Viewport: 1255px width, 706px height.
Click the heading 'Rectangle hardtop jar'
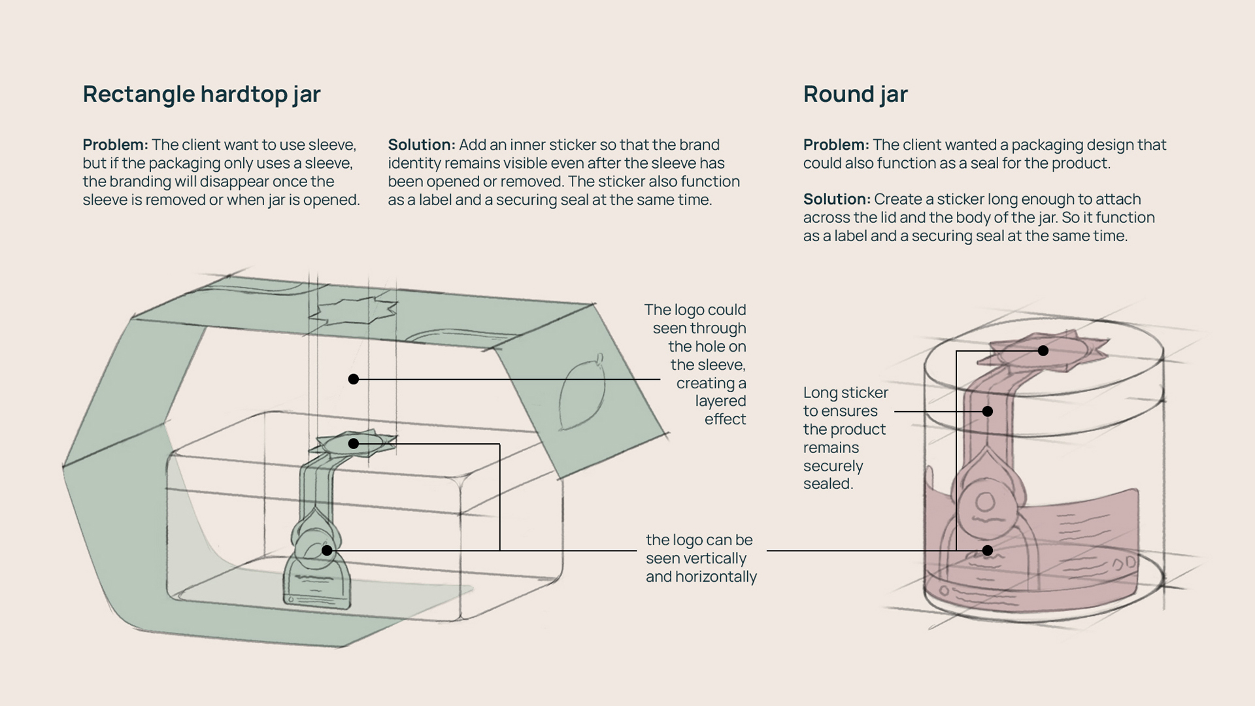[201, 94]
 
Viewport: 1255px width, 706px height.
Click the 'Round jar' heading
[855, 94]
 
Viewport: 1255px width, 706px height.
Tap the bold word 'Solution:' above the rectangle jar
[421, 144]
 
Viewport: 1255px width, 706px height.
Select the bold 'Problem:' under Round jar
[835, 144]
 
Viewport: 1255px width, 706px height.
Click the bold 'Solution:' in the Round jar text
[836, 199]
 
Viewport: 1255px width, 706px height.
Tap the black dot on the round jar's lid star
[1043, 351]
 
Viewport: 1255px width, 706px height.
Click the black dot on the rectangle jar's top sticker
[354, 444]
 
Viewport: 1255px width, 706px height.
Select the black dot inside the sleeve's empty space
[354, 379]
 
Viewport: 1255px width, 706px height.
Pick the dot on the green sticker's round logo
[327, 550]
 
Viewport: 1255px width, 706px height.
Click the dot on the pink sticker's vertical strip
[988, 411]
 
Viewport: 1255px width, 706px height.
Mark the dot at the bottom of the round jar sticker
[988, 550]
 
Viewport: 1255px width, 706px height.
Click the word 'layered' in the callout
[720, 401]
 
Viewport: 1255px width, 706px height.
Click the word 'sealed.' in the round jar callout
[828, 484]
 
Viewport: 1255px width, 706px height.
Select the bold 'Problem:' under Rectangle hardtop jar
[115, 144]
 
